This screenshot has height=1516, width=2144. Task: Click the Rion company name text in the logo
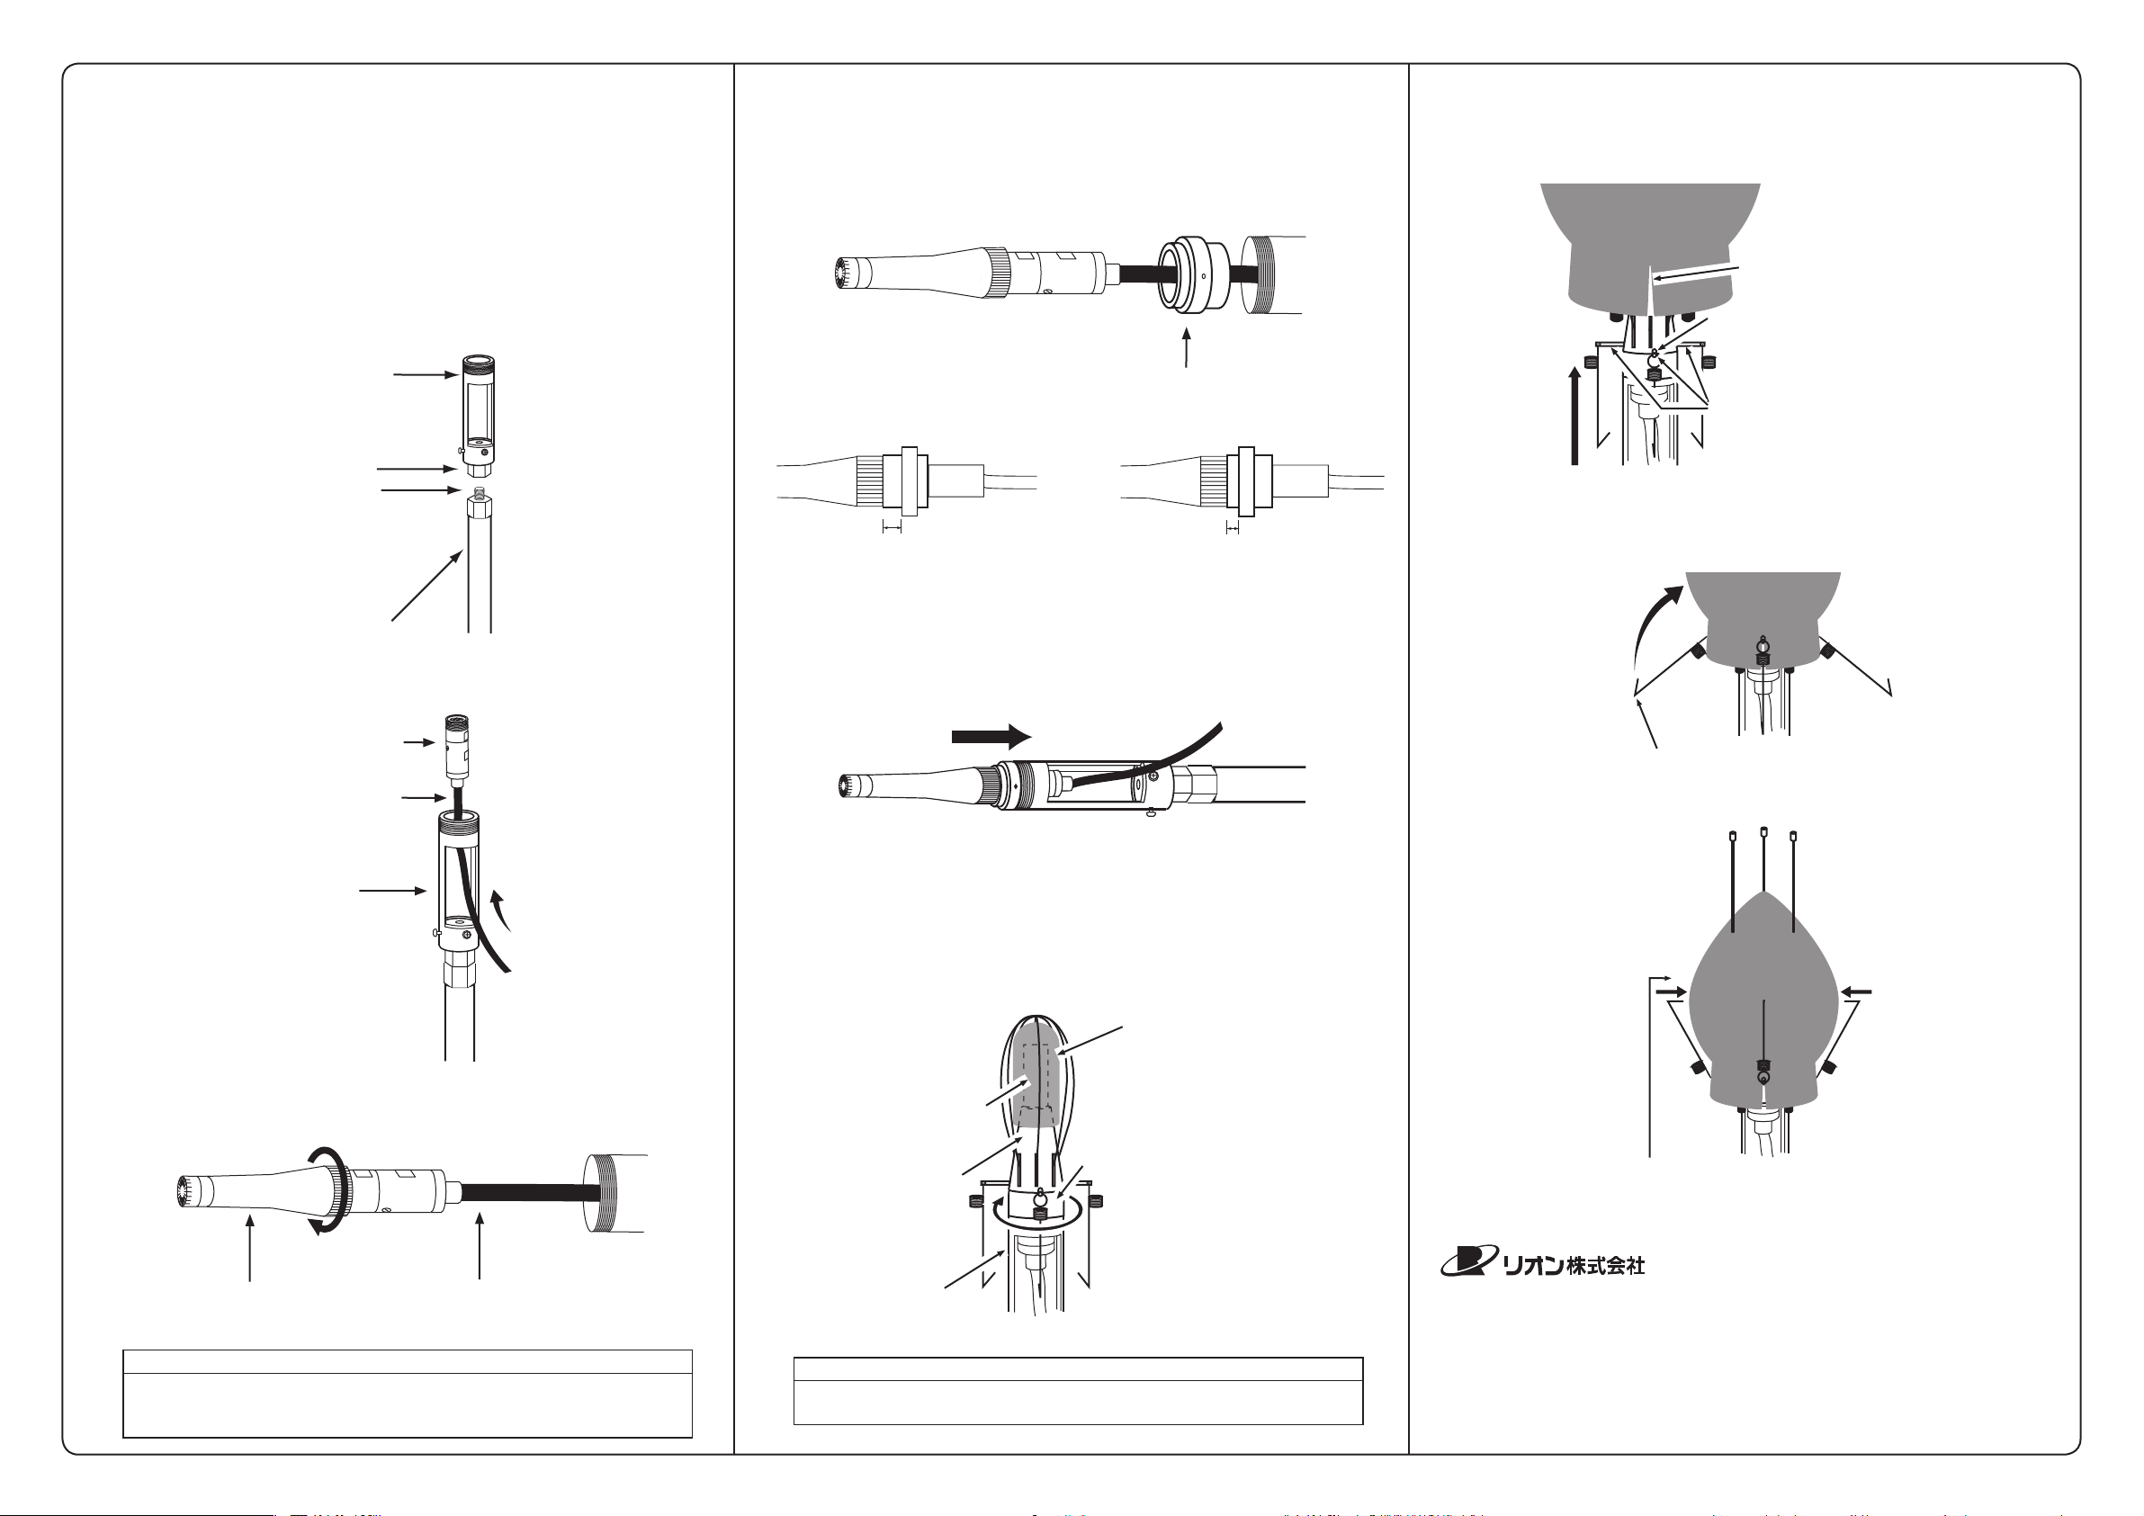[1574, 1265]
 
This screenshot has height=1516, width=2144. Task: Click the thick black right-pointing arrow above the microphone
[991, 736]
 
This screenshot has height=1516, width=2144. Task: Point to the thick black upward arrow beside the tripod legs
[1574, 415]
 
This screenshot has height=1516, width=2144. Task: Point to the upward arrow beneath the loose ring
[1187, 346]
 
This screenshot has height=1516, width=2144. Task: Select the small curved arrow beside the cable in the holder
[502, 910]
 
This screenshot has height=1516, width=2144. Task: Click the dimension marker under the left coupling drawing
[892, 529]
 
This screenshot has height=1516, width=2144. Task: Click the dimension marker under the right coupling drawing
[1232, 529]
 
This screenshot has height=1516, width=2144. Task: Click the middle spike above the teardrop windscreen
[1763, 859]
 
